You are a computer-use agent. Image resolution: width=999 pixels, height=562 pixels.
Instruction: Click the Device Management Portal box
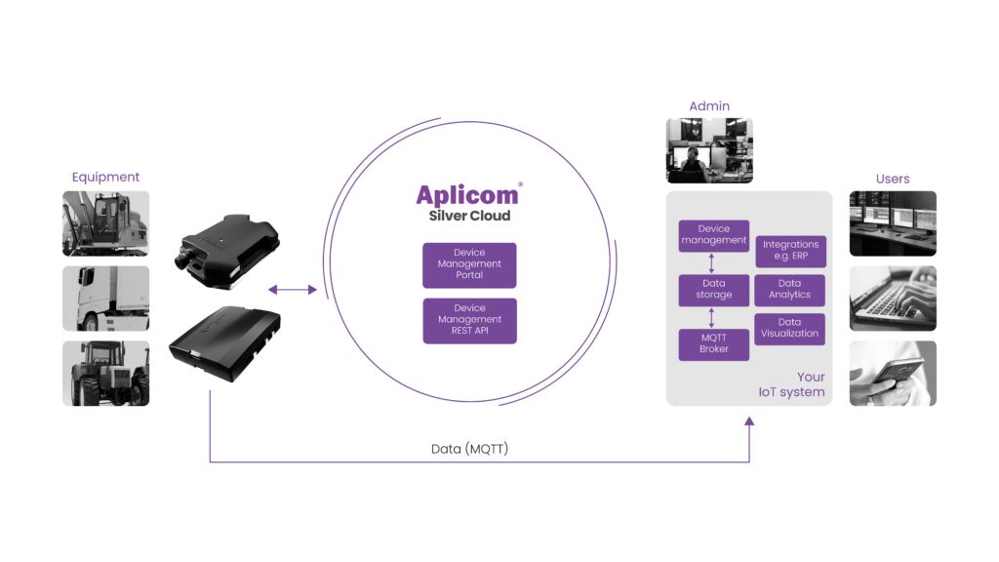pyautogui.click(x=469, y=264)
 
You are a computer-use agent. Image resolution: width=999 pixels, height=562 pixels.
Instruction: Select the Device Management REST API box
pyautogui.click(x=469, y=320)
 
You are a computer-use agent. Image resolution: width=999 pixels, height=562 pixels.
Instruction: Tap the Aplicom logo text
pyautogui.click(x=468, y=194)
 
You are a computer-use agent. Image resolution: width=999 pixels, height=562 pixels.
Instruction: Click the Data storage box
pyautogui.click(x=714, y=289)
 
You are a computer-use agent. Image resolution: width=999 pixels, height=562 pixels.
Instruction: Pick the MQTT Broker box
pyautogui.click(x=714, y=343)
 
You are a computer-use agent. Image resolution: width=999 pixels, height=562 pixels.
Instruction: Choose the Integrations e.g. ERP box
pyautogui.click(x=790, y=251)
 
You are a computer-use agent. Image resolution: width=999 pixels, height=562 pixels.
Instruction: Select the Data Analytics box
pyautogui.click(x=790, y=289)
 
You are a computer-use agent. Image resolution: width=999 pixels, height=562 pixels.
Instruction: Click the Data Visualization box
pyautogui.click(x=790, y=328)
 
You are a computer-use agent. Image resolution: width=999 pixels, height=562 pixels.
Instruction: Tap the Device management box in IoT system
pyautogui.click(x=714, y=235)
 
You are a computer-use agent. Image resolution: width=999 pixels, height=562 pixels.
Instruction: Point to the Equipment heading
pyautogui.click(x=106, y=178)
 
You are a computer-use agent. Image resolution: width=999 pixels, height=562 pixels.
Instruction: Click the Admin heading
pyautogui.click(x=709, y=105)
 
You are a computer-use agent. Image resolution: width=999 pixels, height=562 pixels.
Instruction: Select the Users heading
pyautogui.click(x=893, y=179)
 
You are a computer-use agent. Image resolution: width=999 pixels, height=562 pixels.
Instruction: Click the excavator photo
pyautogui.click(x=106, y=223)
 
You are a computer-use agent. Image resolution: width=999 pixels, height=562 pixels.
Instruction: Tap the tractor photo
pyautogui.click(x=106, y=373)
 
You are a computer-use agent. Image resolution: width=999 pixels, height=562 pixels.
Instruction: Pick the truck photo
pyautogui.click(x=106, y=299)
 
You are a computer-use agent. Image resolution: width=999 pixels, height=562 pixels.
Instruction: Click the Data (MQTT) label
pyautogui.click(x=470, y=449)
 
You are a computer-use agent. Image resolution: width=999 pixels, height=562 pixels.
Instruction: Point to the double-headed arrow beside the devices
pyautogui.click(x=293, y=290)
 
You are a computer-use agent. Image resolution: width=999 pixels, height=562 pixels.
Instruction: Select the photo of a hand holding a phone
pyautogui.click(x=893, y=373)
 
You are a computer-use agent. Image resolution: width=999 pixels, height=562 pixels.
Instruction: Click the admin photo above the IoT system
pyautogui.click(x=709, y=150)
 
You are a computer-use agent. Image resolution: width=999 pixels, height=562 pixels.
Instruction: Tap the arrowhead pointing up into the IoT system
pyautogui.click(x=749, y=423)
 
